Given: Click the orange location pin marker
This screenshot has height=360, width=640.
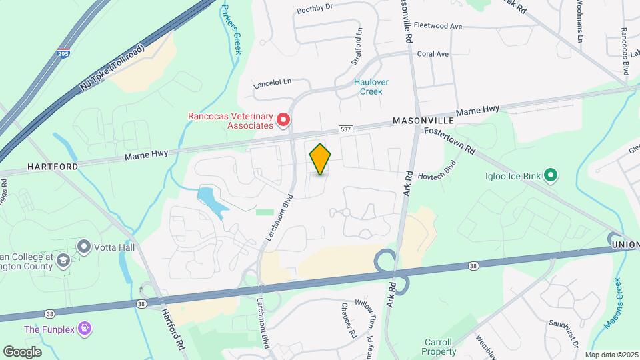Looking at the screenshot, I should [321, 159].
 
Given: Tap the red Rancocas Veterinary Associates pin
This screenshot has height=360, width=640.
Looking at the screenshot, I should [283, 120].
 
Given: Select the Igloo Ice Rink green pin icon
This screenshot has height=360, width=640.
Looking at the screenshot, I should [550, 176].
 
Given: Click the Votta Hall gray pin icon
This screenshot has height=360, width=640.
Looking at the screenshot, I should [84, 247].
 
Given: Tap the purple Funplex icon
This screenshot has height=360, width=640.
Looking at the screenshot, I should [84, 328].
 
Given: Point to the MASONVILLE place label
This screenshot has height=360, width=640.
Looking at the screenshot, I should [423, 121].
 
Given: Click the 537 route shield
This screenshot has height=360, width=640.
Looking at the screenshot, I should [345, 129].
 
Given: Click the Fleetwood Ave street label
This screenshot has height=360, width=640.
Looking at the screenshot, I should [438, 26].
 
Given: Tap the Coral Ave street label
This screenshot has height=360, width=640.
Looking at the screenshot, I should [433, 54].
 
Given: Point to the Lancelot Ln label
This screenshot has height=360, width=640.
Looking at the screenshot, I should [272, 83].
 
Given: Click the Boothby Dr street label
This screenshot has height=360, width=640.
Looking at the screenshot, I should [314, 9].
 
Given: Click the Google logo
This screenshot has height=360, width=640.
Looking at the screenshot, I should [22, 351].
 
